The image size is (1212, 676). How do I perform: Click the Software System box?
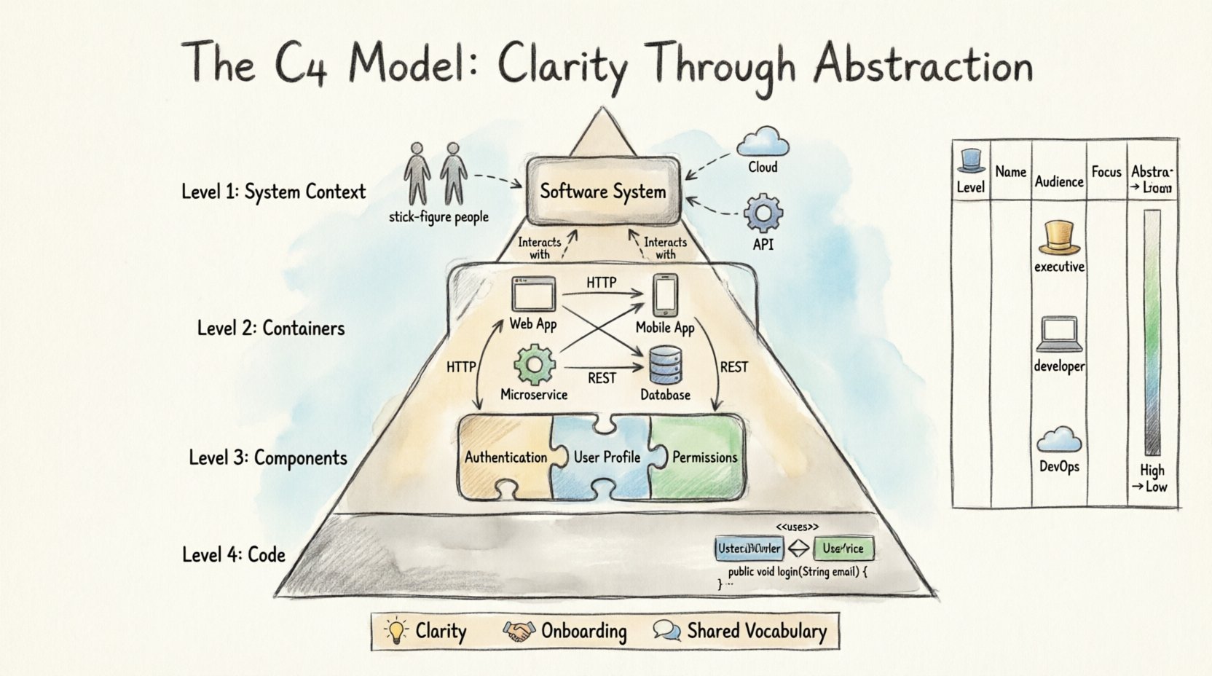pos(602,192)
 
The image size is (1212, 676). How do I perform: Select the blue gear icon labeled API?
pos(763,213)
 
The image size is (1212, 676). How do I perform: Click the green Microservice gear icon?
pos(534,365)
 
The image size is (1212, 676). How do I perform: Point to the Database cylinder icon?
pos(665,365)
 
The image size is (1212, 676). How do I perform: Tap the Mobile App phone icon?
pos(664,295)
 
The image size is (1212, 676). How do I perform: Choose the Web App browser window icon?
pos(533,294)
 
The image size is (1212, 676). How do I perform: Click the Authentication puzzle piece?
pos(506,457)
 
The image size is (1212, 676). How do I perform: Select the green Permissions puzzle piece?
pos(704,457)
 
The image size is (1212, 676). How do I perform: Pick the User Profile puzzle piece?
pos(606,457)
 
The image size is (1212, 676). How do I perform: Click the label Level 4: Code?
pos(233,554)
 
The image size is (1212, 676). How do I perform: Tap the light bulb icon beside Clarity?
pos(396,630)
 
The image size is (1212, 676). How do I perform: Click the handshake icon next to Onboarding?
pos(519,631)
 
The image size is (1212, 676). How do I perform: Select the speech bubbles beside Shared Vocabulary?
pos(666,630)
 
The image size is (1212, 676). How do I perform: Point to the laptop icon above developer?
pos(1058,334)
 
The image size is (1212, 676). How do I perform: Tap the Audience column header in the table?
pos(1059,181)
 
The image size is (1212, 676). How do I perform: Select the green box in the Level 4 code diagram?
pos(843,548)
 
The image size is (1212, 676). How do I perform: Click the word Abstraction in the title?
pos(923,64)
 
